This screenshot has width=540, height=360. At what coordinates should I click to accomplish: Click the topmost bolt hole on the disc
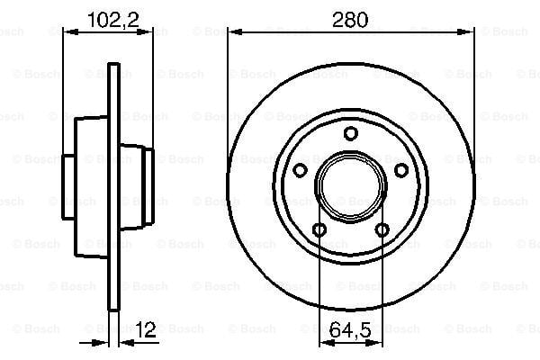tap(350, 134)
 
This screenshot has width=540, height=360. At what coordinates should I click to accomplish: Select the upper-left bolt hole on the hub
tap(300, 170)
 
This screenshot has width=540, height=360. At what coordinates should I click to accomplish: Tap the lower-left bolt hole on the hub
tap(319, 229)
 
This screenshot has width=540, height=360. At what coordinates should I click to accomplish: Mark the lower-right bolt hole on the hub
tap(382, 229)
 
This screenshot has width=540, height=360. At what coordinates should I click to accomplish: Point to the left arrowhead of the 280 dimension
tap(232, 32)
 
